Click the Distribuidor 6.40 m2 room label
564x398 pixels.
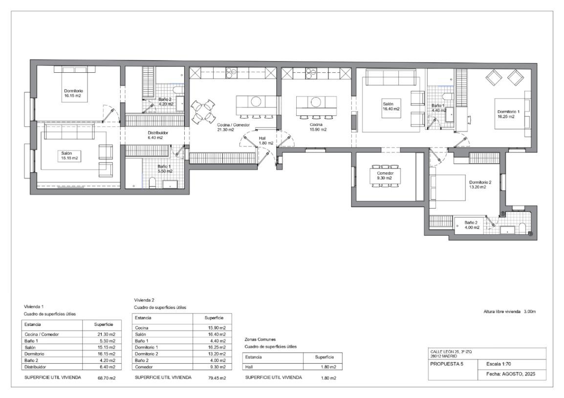coord(157,135)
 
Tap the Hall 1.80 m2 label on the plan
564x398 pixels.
coord(266,141)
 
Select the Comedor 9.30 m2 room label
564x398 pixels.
coord(385,175)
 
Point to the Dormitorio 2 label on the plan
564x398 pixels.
coord(480,182)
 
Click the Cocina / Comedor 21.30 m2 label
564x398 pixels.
coord(233,127)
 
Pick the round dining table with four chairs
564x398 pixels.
coord(203,111)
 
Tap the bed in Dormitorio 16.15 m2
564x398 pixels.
coord(75,84)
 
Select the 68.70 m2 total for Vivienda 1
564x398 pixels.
coord(107,378)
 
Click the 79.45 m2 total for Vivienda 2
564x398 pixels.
coord(217,378)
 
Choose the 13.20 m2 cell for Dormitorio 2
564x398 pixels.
coord(217,354)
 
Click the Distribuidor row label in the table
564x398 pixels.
coord(35,367)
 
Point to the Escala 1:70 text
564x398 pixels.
coord(499,364)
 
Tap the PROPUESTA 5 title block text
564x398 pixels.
coord(447,364)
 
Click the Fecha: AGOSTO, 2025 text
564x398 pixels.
coord(511,374)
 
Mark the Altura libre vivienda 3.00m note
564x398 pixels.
coord(510,312)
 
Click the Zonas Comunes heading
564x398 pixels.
coord(260,339)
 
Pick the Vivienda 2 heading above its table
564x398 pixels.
coord(144,300)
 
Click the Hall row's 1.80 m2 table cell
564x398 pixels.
coord(328,367)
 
